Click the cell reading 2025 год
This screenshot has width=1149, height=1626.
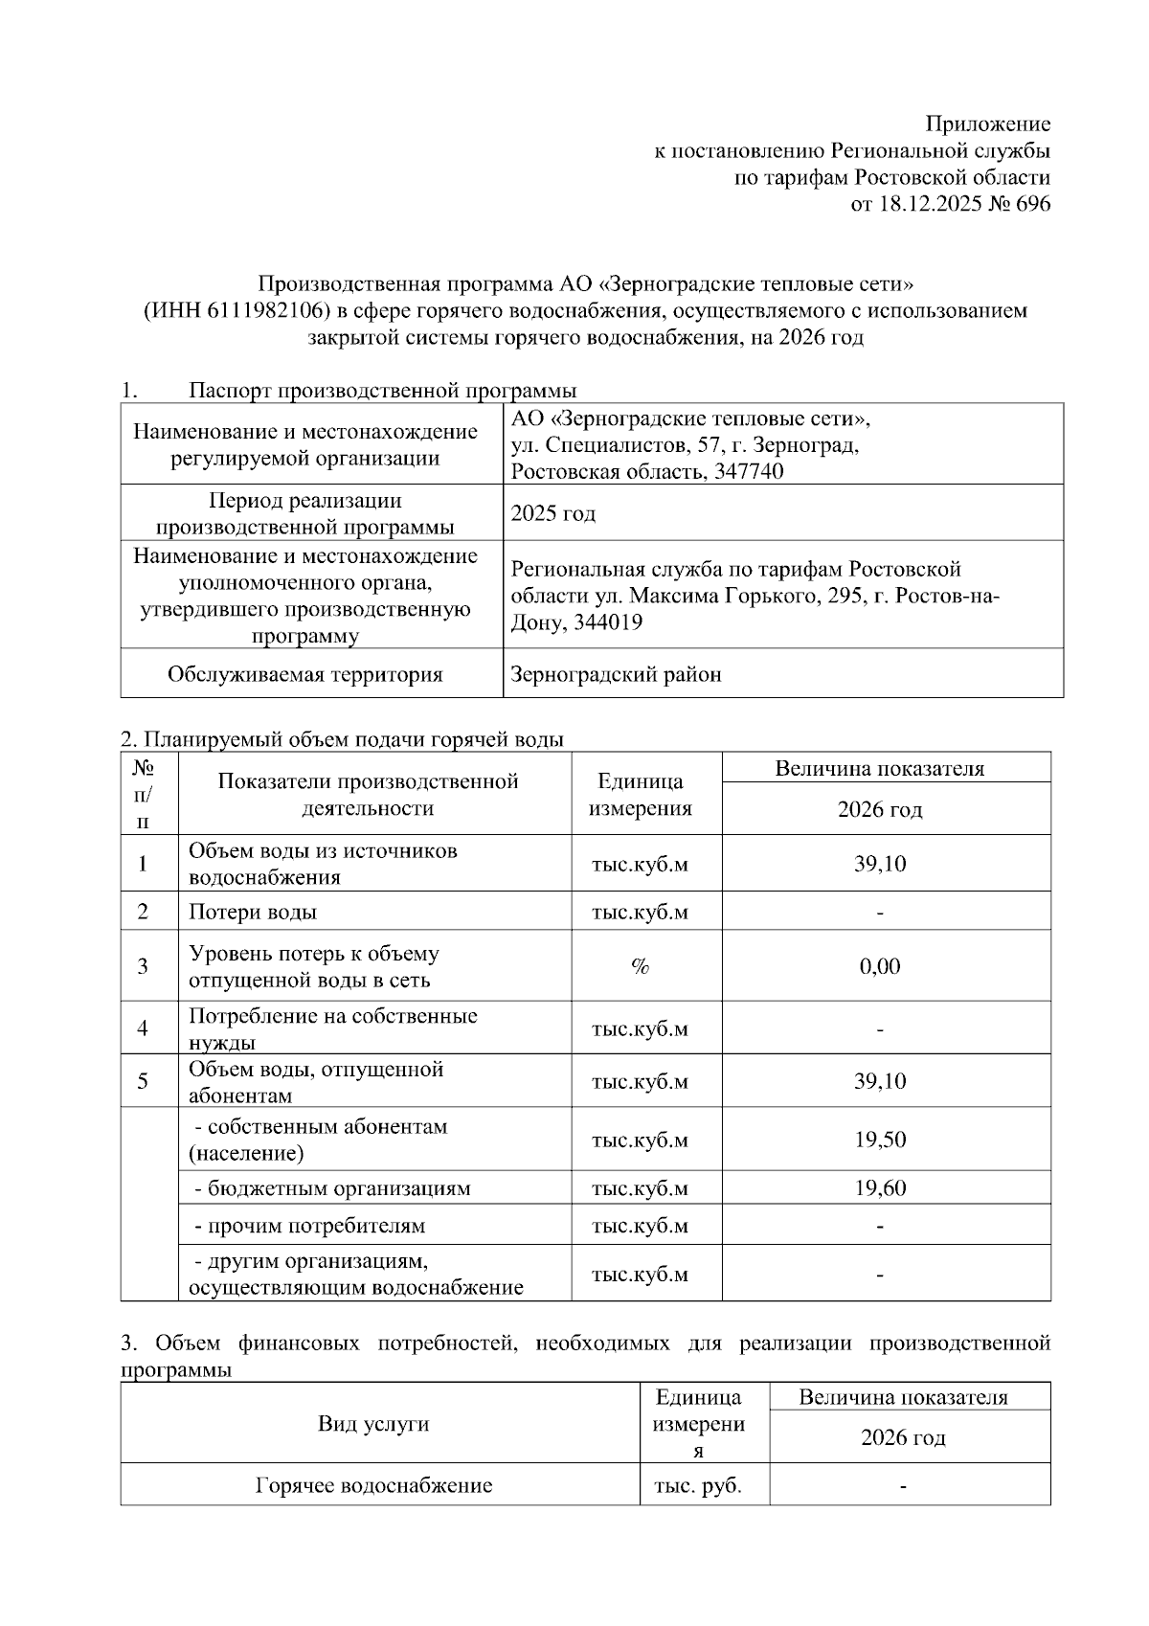[x=552, y=513]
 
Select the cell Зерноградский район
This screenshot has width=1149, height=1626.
[x=616, y=674]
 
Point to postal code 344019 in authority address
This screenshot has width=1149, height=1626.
[x=606, y=622]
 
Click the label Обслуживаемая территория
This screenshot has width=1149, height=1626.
[x=304, y=674]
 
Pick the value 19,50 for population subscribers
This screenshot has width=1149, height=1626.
[x=879, y=1140]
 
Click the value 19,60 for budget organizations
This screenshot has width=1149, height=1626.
[x=879, y=1188]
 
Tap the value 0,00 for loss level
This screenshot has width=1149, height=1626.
[x=879, y=966]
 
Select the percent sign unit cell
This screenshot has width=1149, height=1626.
[x=640, y=966]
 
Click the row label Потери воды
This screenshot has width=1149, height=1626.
[x=253, y=912]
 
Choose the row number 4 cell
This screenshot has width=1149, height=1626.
[x=143, y=1028]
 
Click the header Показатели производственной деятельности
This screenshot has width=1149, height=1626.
[x=368, y=794]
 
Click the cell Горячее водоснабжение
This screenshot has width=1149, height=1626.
[x=373, y=1486]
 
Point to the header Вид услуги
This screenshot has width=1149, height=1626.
[x=373, y=1424]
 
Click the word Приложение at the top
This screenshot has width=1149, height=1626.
[x=987, y=124]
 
